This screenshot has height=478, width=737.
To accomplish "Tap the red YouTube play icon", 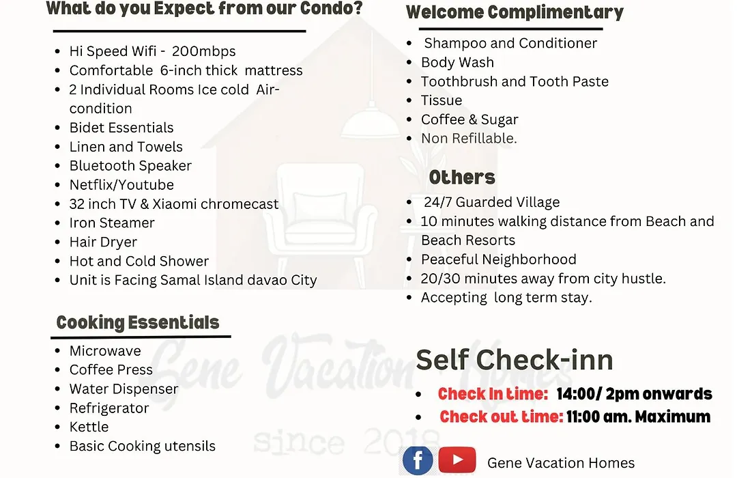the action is [x=457, y=460].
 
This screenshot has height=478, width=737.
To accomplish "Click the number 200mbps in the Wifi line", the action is [x=203, y=51].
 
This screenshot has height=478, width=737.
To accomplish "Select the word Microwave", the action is [x=105, y=351].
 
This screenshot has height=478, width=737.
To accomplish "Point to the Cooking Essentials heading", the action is [x=138, y=323].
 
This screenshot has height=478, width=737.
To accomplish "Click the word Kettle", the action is [x=89, y=427].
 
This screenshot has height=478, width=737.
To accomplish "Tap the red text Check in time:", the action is [x=493, y=394].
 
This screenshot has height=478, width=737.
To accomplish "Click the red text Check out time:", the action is [x=501, y=417].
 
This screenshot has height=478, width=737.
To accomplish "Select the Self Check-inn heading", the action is [x=515, y=360].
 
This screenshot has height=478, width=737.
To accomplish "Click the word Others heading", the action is [x=462, y=178].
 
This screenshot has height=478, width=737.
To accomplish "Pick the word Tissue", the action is [x=442, y=100].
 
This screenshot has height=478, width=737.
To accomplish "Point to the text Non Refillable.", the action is [x=469, y=139].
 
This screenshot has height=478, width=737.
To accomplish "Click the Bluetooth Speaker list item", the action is [x=130, y=166].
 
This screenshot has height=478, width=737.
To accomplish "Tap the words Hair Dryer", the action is [x=104, y=242].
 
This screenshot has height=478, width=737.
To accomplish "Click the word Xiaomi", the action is [x=175, y=204].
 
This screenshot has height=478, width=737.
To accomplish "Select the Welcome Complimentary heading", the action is [x=515, y=13].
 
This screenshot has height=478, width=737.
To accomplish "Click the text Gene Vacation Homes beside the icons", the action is [x=561, y=464].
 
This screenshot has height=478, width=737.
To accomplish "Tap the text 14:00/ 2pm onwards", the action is [x=634, y=394].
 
